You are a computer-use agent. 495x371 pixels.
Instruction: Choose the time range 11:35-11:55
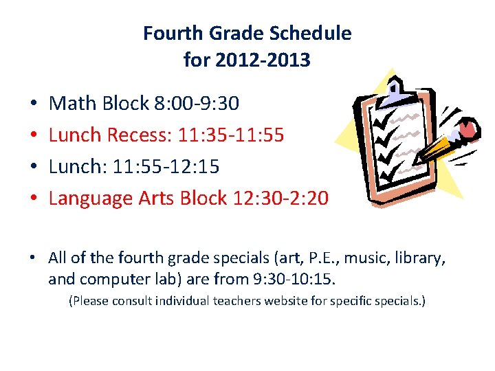(231, 135)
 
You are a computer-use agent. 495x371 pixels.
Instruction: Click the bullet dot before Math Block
(34, 104)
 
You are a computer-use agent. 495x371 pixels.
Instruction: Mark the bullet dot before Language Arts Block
(34, 199)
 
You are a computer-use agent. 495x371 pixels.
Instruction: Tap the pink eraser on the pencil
(468, 128)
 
